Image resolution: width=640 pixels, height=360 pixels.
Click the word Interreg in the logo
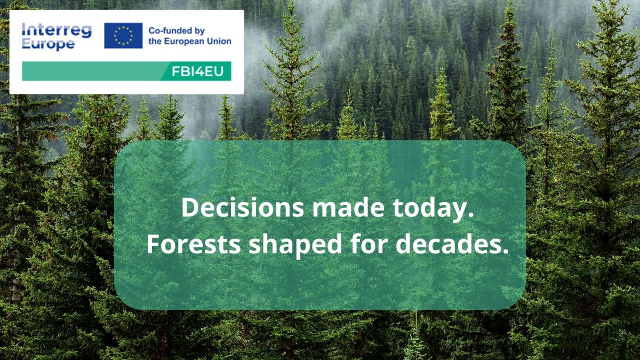point(57,30)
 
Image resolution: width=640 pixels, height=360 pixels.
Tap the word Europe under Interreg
point(49,45)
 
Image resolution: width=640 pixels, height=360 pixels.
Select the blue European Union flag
point(123,35)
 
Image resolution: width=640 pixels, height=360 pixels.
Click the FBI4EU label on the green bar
point(197,71)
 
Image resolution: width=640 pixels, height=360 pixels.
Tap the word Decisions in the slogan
point(243,207)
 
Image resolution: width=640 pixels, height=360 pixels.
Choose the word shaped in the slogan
point(295,246)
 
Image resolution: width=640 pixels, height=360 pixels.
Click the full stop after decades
point(506,251)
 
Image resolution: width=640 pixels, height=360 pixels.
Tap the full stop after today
point(471,215)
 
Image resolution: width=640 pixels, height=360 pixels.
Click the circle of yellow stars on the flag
point(123,36)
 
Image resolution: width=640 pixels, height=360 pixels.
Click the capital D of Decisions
point(190,207)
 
